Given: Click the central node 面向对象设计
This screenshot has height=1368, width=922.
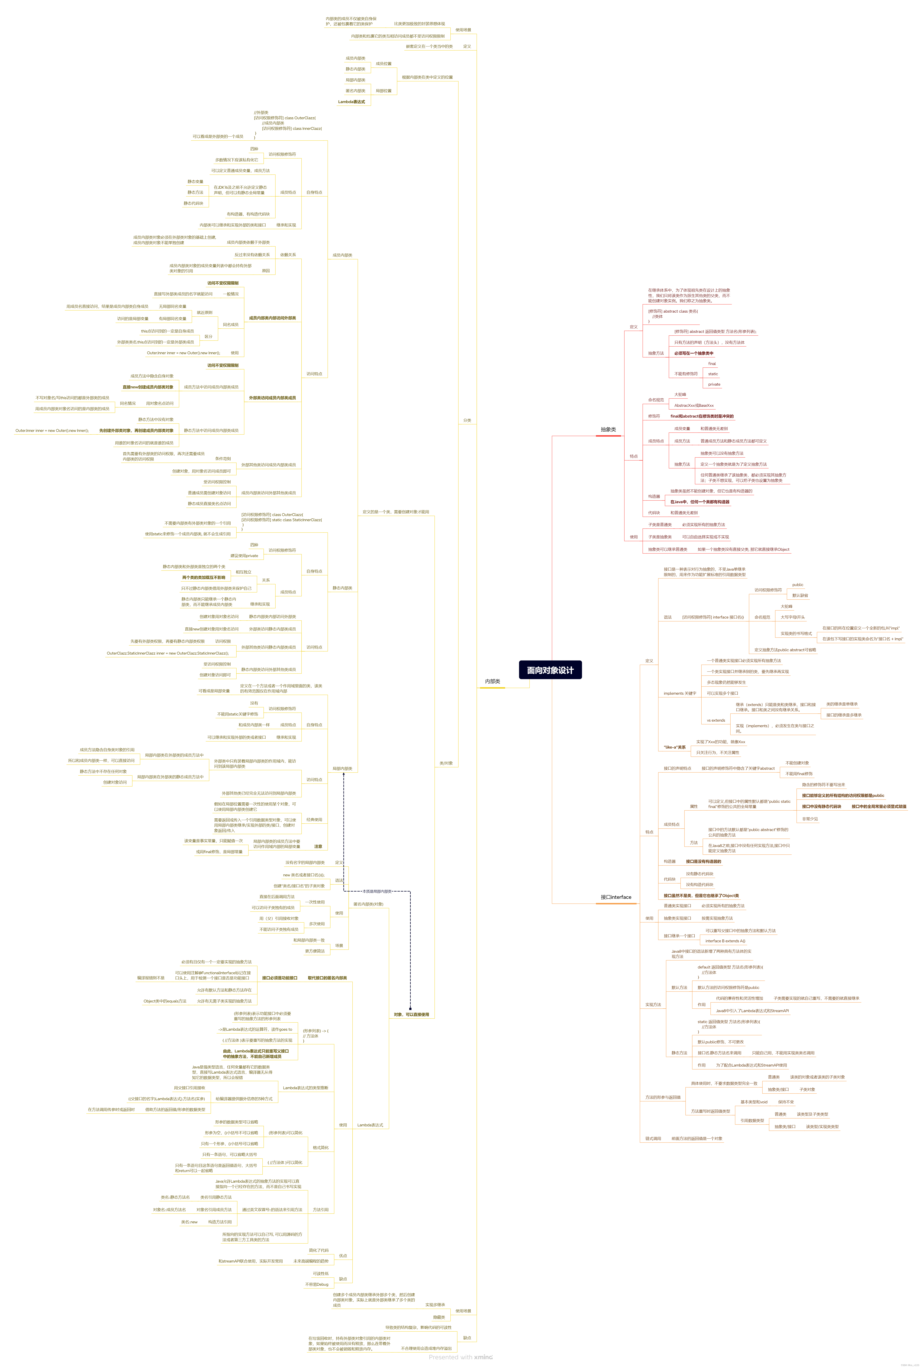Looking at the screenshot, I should tap(550, 670).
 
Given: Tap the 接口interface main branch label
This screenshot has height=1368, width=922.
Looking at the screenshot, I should tap(616, 897).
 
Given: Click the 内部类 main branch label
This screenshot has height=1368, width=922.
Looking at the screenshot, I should tap(492, 681).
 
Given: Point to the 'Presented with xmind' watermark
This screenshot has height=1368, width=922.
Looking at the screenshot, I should tap(460, 1357).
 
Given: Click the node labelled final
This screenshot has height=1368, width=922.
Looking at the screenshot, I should tap(711, 363).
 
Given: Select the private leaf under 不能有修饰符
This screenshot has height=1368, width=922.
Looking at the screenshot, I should tap(714, 384).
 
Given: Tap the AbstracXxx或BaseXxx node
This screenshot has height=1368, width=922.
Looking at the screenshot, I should tap(694, 405).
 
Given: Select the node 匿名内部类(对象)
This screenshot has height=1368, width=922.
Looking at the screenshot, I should tap(368, 904).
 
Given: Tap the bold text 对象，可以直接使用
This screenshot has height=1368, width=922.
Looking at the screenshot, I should tap(411, 1014).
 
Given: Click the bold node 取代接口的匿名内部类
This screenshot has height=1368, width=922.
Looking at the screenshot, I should tap(327, 978).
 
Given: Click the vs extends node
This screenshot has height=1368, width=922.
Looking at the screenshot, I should tap(716, 720).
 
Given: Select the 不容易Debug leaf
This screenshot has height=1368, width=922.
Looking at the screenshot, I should tap(316, 1284).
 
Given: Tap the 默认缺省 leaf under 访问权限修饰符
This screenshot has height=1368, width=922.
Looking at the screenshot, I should tap(800, 595).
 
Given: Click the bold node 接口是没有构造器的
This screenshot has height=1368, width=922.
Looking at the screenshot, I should tap(703, 861).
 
